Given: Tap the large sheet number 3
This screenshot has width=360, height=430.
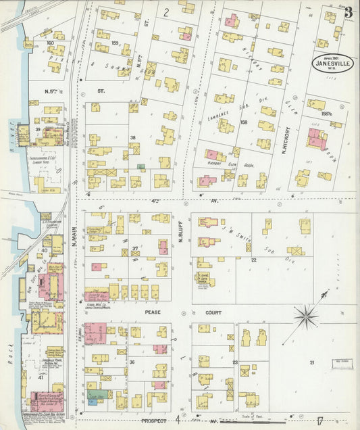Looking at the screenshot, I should pos(348,11).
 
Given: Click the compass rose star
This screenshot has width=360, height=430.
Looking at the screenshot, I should pos(307,314).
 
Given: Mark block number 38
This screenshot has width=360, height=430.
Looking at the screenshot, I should pos(133,137).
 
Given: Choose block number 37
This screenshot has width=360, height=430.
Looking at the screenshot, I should pos(135,247).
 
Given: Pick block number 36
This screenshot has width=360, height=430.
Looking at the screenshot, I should pos(133,362).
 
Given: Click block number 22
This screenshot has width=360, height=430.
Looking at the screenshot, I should pos(254,260).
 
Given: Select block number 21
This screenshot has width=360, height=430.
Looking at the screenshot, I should pos(311,363).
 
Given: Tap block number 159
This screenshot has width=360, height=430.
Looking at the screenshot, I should pos(115,44).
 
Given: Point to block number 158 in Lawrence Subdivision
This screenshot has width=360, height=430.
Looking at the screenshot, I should pos(244,122).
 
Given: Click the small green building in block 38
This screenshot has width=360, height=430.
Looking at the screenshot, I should pos(140,166).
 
